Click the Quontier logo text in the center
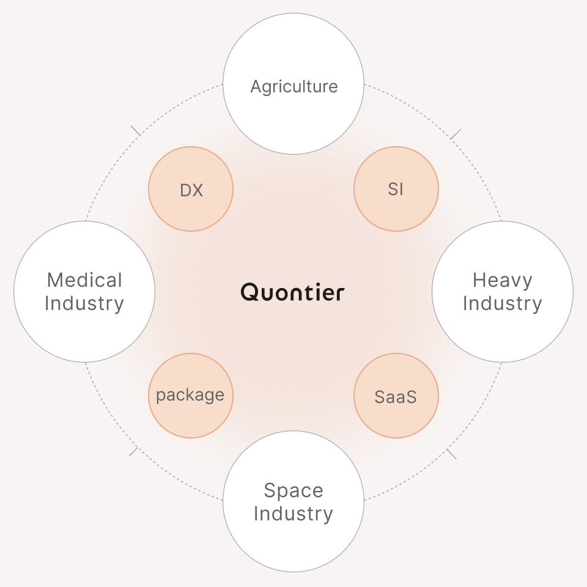(292, 292)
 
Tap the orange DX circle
(191, 189)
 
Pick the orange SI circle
(396, 189)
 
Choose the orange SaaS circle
(396, 396)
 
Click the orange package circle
(191, 396)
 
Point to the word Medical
(84, 280)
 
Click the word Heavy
(503, 281)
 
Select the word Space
(293, 491)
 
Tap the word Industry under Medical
(84, 304)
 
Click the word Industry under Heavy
(503, 304)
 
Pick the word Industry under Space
(293, 514)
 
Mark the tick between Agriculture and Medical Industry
(136, 131)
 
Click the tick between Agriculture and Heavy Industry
(456, 134)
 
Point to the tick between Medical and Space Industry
(134, 451)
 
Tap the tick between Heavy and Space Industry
(451, 454)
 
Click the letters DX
(191, 190)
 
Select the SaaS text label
(396, 397)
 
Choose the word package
(190, 396)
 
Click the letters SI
(396, 189)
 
